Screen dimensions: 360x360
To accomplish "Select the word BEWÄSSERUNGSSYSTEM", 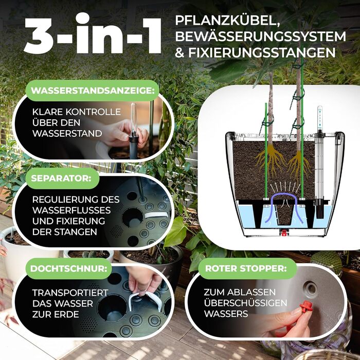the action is (x=260, y=37).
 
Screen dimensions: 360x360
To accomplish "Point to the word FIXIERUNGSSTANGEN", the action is (x=262, y=52).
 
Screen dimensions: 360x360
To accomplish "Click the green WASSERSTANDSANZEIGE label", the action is (x=93, y=91).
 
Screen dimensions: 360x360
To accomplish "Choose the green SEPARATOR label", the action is (x=62, y=178).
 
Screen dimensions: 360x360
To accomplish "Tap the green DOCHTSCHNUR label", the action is (x=68, y=268).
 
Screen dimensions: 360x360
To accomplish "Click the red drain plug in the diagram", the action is (x=284, y=233).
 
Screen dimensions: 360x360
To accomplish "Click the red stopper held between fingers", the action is (x=306, y=306).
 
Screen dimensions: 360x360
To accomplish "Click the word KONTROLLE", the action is (x=93, y=112).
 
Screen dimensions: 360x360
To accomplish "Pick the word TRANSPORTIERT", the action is (x=70, y=293).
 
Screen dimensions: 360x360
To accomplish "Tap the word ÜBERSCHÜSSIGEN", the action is (x=245, y=302).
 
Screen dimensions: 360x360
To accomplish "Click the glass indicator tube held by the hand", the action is (x=134, y=119).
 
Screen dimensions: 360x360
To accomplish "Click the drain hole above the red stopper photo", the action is (x=311, y=287).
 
